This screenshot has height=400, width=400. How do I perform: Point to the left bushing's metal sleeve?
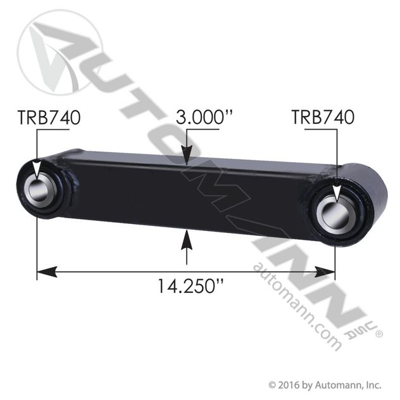pyautogui.click(x=41, y=187)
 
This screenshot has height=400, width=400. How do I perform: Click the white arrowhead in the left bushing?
pyautogui.click(x=37, y=169)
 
